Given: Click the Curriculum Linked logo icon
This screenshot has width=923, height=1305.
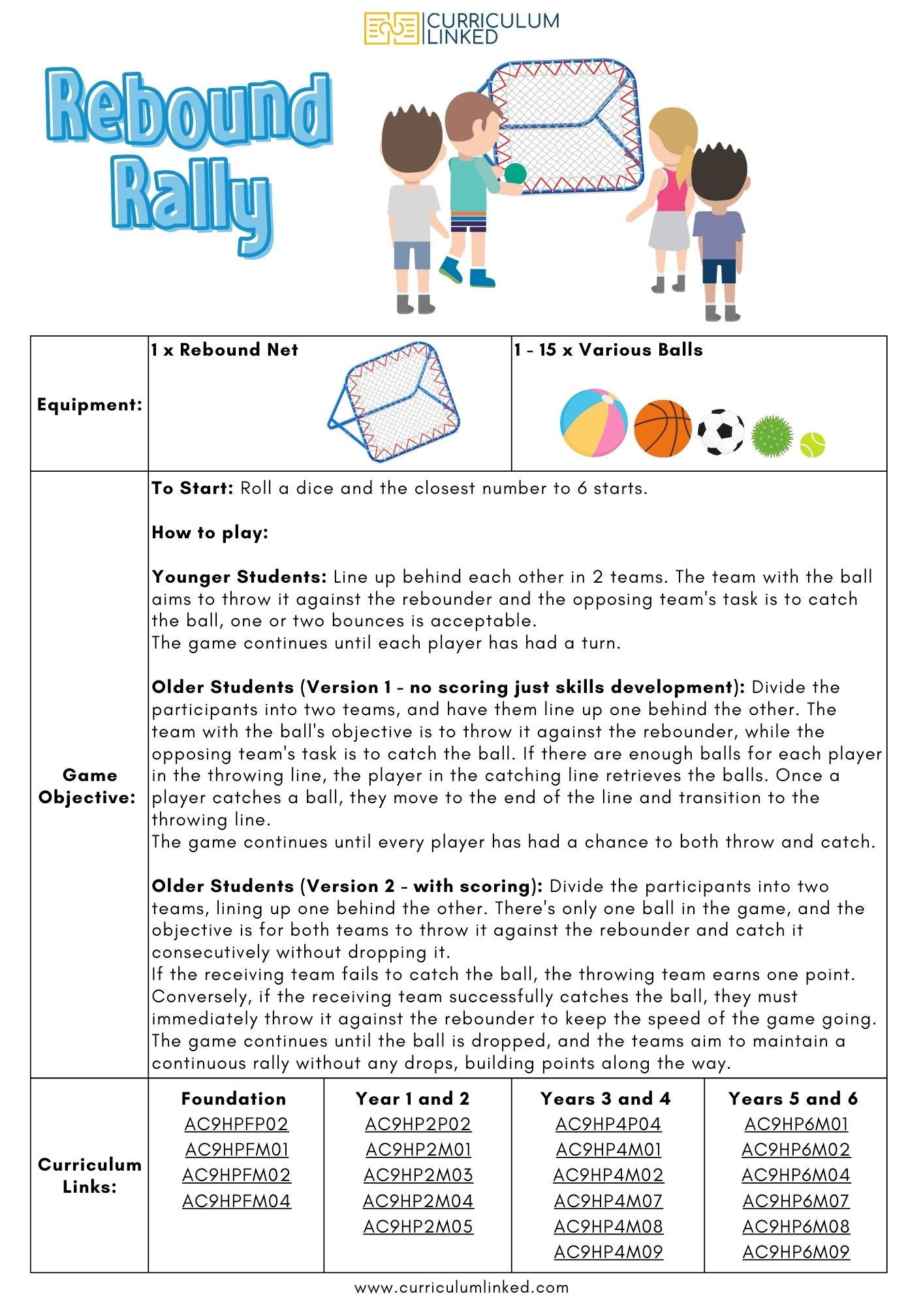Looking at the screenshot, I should click(x=392, y=29).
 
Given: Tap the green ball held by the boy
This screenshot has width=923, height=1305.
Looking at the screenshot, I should click(x=515, y=174).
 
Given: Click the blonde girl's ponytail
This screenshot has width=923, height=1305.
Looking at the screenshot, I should click(x=685, y=163).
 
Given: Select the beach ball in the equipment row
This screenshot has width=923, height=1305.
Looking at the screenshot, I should click(x=593, y=423).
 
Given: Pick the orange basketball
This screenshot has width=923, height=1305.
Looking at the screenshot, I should click(x=662, y=428).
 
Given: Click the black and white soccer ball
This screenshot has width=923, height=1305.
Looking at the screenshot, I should click(x=721, y=432).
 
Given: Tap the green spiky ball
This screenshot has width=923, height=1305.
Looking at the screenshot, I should click(x=772, y=435).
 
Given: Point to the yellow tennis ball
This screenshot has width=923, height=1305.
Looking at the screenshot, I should click(x=812, y=444).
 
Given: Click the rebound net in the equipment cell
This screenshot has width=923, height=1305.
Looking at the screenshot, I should click(x=394, y=401).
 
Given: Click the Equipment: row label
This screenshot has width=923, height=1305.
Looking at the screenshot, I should click(x=89, y=405).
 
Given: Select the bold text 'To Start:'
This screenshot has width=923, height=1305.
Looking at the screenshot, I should click(x=193, y=488).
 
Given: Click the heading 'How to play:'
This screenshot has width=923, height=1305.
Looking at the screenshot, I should click(x=210, y=532).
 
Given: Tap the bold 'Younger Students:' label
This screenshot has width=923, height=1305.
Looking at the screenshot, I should click(x=239, y=577).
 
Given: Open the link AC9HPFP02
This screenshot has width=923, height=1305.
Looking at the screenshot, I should click(x=236, y=1124).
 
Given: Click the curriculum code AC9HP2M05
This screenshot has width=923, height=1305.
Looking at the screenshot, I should click(x=418, y=1226).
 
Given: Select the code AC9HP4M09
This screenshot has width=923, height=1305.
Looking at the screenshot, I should click(x=608, y=1251).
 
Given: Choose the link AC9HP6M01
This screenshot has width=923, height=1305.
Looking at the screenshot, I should click(x=796, y=1124).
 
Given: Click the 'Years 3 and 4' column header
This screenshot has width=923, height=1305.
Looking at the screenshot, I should click(x=605, y=1098).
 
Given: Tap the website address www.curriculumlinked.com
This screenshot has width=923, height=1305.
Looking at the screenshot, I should click(x=461, y=1287).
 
